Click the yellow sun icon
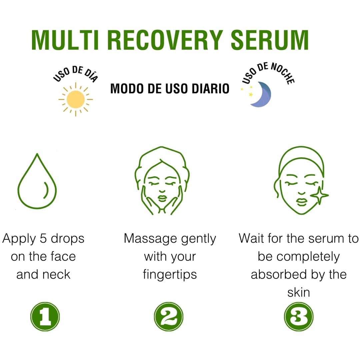76,99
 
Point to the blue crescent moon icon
261,95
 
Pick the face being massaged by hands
162,182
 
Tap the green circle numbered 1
45,316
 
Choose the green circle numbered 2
169,316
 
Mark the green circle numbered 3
299,316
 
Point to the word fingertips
170,275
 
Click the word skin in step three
299,292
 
